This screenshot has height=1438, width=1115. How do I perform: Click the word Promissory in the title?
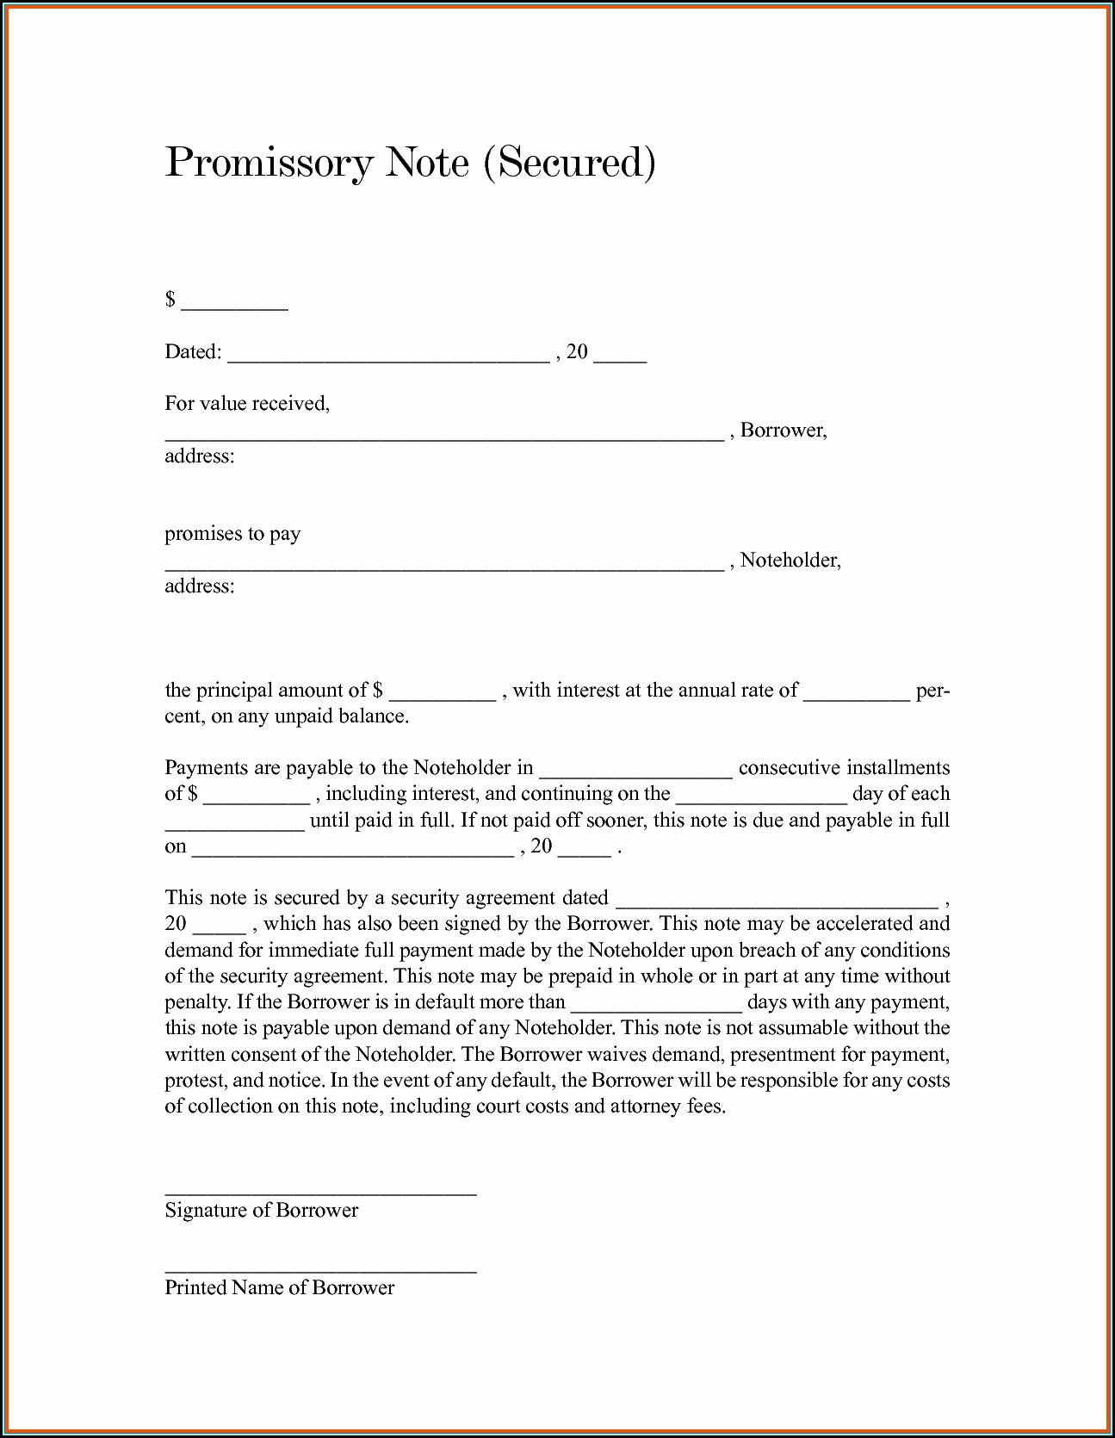coord(269,164)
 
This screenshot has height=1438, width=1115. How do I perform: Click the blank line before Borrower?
coord(443,436)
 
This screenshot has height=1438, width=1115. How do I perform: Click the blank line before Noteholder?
coord(443,566)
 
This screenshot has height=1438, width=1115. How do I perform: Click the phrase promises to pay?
coord(232,534)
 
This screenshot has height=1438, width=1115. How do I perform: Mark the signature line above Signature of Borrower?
coord(320,1192)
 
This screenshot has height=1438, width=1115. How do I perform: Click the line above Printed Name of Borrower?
coord(320,1269)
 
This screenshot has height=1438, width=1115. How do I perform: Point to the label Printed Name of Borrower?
coord(280,1287)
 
